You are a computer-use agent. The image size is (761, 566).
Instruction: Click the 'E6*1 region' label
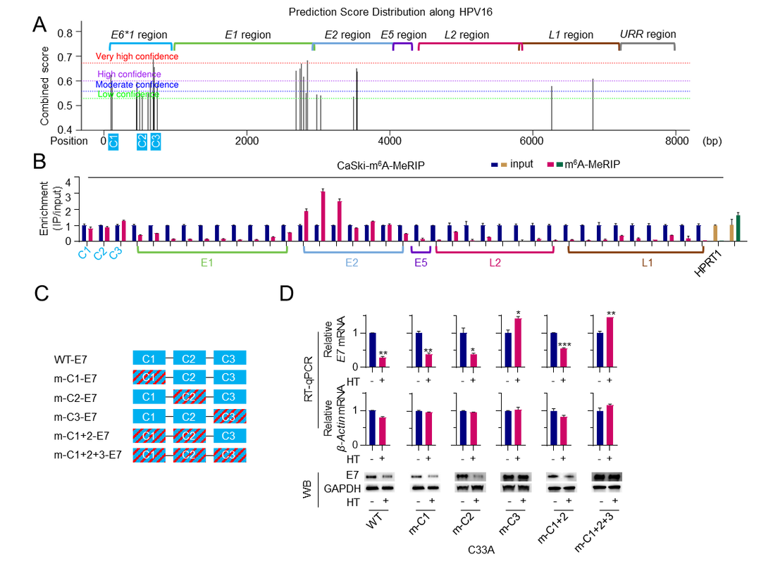click(140, 35)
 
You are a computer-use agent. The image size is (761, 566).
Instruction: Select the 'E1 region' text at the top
click(247, 35)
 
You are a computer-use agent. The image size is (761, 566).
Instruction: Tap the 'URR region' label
click(648, 34)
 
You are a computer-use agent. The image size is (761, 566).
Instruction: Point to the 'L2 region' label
click(466, 35)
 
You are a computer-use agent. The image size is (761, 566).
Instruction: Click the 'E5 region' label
click(403, 35)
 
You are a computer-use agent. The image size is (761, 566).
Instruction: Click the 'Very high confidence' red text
click(137, 56)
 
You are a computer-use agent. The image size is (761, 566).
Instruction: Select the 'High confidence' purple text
click(129, 75)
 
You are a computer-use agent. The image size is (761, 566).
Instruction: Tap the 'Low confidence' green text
click(128, 94)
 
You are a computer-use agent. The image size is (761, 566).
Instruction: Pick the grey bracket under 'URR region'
click(648, 45)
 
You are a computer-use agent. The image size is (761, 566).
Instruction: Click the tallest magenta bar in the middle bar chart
click(323, 215)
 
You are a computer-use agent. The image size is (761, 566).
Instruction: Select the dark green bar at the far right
click(738, 227)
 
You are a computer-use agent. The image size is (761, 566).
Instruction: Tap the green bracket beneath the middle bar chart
click(212, 250)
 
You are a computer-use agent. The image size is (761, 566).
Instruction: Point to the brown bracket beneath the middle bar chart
click(636, 249)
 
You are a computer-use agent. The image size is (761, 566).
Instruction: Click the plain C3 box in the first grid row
click(229, 358)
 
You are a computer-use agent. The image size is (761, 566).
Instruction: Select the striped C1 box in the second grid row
click(149, 377)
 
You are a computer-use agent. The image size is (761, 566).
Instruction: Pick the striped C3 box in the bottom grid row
click(229, 455)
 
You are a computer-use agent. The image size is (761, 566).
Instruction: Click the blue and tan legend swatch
click(499, 165)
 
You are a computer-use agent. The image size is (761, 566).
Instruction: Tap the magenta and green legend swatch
click(555, 164)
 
